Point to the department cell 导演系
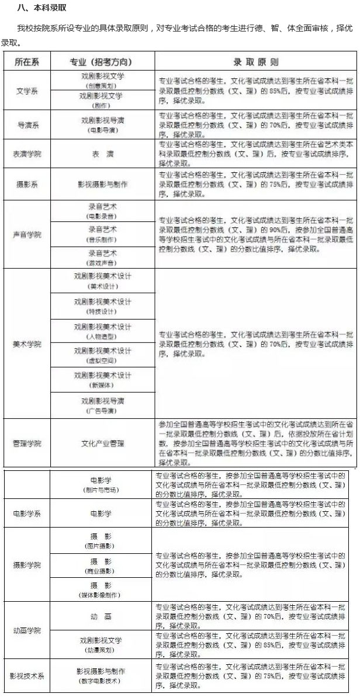[x=27, y=124]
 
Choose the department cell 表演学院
[x=27, y=154]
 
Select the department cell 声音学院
[x=27, y=234]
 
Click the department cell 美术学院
[x=27, y=344]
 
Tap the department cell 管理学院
[x=27, y=443]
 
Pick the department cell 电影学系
[x=27, y=514]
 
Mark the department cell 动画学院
[x=27, y=630]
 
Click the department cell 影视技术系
[x=27, y=676]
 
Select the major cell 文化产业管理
[x=102, y=443]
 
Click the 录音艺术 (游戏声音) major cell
[x=102, y=258]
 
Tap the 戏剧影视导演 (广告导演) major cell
[x=102, y=405]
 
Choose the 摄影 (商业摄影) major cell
[x=102, y=565]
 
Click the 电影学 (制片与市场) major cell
[x=102, y=484]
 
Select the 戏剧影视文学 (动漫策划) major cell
[x=102, y=644]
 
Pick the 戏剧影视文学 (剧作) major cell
[x=102, y=100]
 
